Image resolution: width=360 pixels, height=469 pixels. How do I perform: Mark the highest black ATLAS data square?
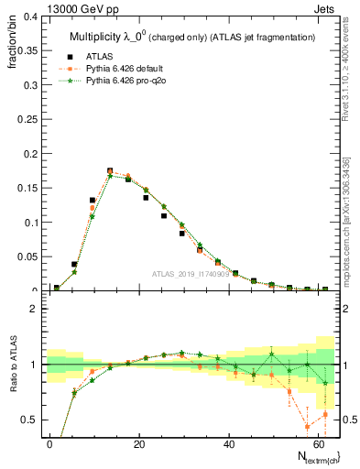110,171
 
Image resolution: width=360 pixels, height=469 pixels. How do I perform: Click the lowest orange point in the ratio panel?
307,426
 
